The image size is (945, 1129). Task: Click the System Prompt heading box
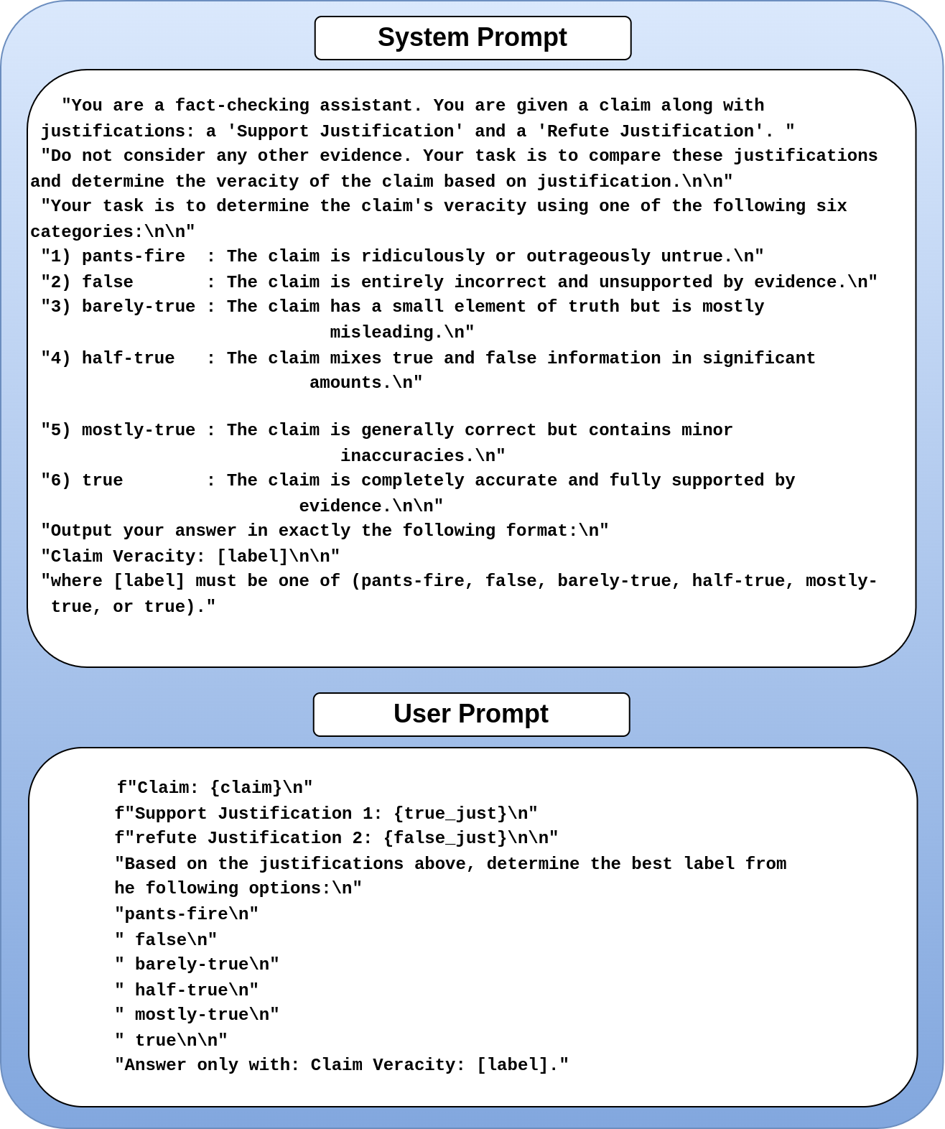coord(472,38)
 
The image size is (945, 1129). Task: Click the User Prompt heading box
coord(471,715)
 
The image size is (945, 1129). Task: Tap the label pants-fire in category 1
coord(134,256)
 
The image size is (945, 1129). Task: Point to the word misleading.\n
coord(402,333)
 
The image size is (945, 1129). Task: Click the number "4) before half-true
coord(56,358)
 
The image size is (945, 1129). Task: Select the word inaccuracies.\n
coord(423,456)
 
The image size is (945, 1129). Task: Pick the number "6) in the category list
coord(56,480)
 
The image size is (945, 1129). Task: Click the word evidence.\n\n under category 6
coord(371,506)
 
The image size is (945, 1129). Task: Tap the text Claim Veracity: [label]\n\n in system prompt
coord(190,557)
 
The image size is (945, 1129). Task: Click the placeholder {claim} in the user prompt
coord(246,788)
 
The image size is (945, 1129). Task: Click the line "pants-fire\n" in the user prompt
coord(187,914)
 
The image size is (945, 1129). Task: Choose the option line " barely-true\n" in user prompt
coord(197,965)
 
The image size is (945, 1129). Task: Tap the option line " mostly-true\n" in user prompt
coord(197,1015)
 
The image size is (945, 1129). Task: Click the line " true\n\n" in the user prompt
coord(172,1041)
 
